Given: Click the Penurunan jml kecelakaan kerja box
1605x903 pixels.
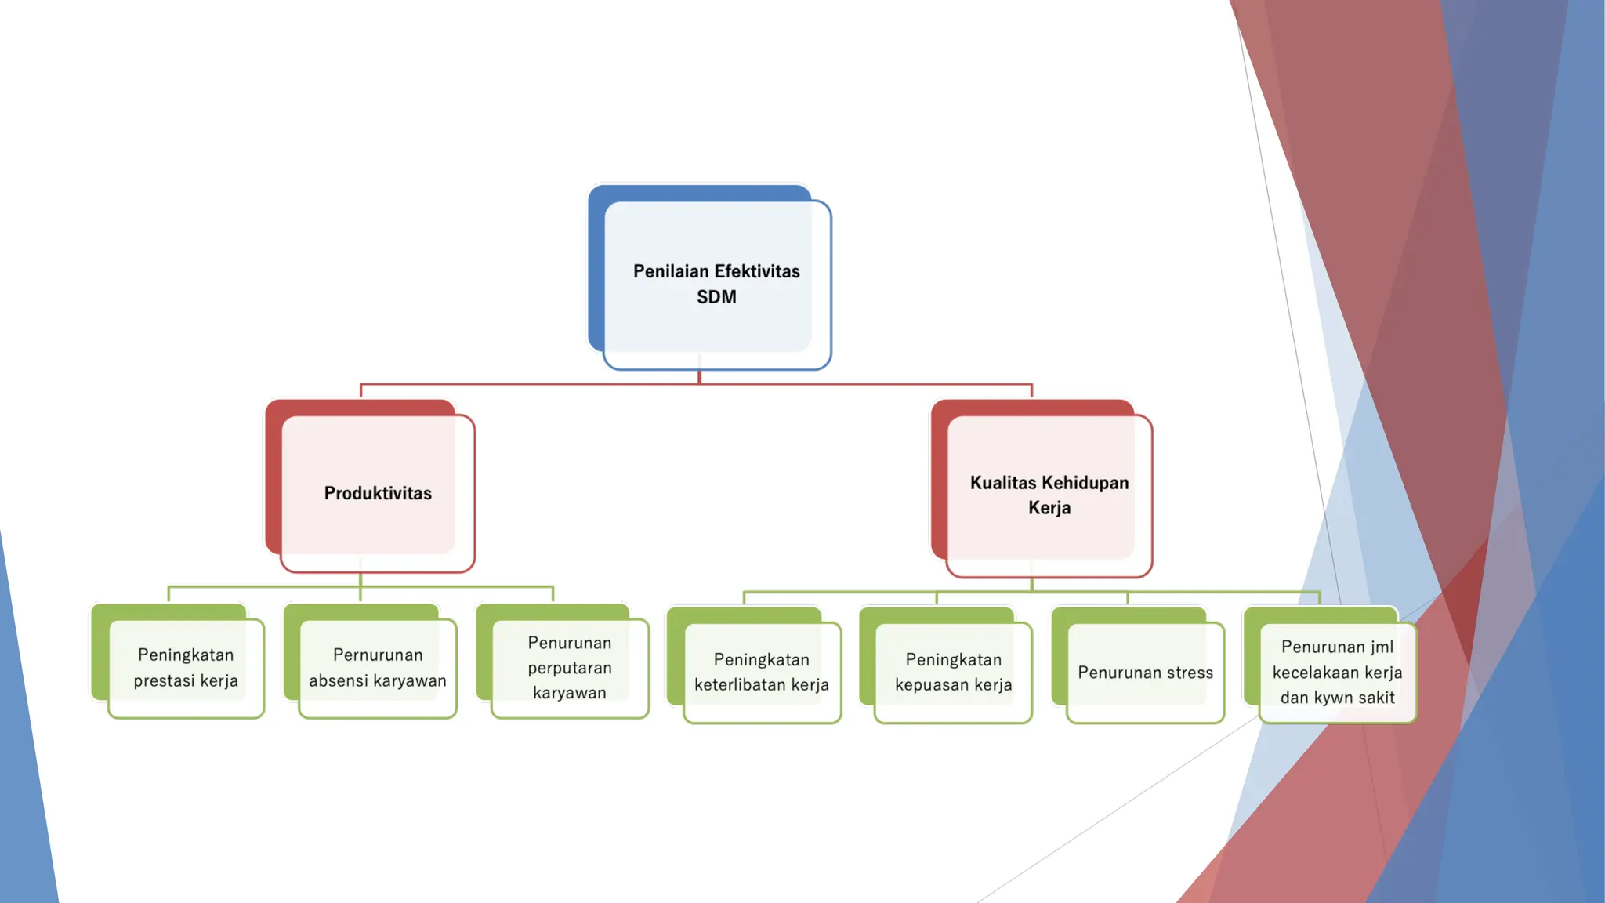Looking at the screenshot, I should click(1337, 672).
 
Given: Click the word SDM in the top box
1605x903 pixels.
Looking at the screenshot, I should click(716, 297).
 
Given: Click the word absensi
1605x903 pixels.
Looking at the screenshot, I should click(342, 680).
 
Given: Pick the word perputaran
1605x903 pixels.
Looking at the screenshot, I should click(570, 668).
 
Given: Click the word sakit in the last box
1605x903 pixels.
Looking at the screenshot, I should click(1376, 698).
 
